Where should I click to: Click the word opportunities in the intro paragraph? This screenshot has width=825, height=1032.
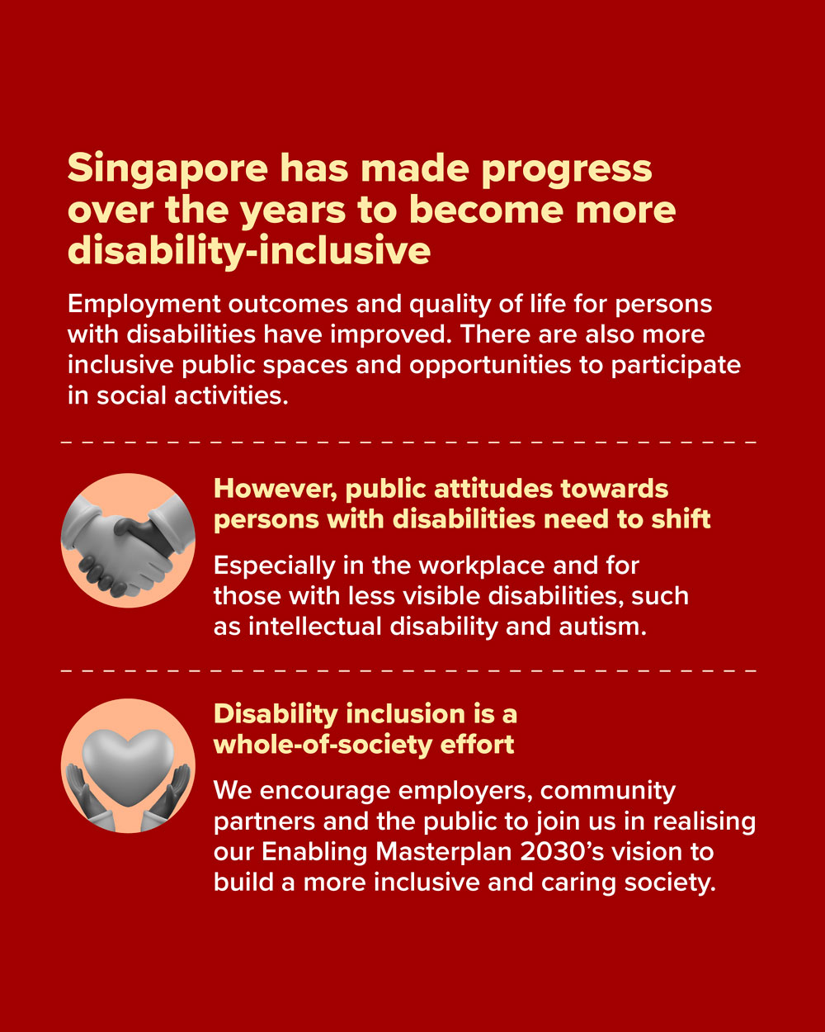coord(490,367)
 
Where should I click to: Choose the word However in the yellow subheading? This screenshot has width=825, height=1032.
coord(276,490)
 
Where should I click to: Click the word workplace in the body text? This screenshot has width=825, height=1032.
coord(483,566)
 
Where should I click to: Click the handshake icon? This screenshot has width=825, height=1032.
coord(128,547)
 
